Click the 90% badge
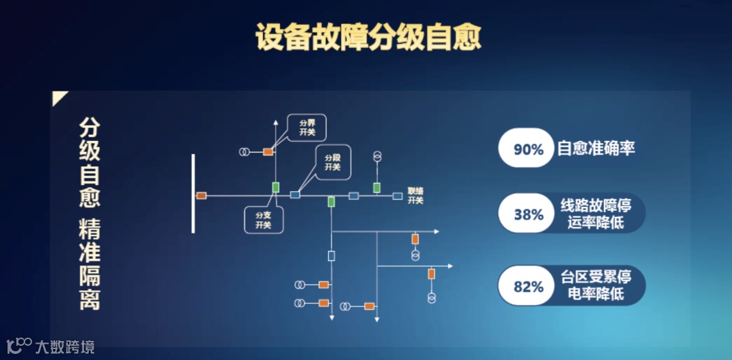click(528, 148)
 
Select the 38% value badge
click(528, 214)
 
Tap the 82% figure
click(528, 286)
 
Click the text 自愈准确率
click(596, 148)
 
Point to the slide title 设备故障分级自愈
click(368, 38)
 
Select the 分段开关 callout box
click(332, 162)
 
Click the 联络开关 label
click(415, 196)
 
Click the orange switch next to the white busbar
click(201, 196)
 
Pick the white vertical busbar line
click(193, 193)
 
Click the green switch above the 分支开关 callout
click(276, 186)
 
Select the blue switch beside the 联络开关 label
click(398, 196)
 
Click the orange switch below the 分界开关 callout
click(268, 151)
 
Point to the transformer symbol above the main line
click(377, 157)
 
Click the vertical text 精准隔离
click(89, 264)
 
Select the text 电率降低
click(596, 294)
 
